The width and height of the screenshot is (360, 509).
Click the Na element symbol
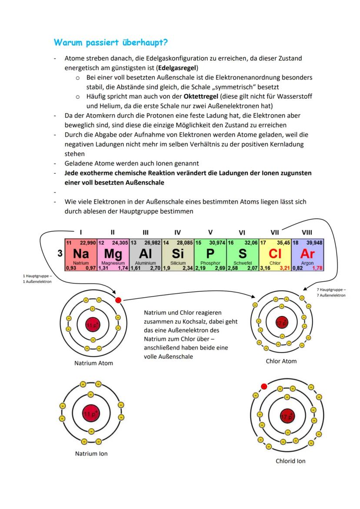click(81, 253)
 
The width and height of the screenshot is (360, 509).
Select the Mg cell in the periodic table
click(113, 254)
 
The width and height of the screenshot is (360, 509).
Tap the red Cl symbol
click(275, 253)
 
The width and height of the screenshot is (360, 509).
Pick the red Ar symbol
click(307, 253)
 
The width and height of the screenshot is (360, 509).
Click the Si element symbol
click(178, 253)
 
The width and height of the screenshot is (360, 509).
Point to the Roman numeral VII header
click(275, 233)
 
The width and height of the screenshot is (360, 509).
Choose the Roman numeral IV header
click(177, 233)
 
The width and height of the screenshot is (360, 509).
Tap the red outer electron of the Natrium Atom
click(118, 300)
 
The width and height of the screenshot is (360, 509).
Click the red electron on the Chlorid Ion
click(264, 386)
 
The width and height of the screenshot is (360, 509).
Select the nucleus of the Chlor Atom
click(281, 323)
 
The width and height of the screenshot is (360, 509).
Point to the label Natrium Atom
click(93, 363)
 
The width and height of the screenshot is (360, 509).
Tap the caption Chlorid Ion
click(290, 461)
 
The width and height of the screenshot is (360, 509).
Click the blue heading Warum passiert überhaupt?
click(111, 43)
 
